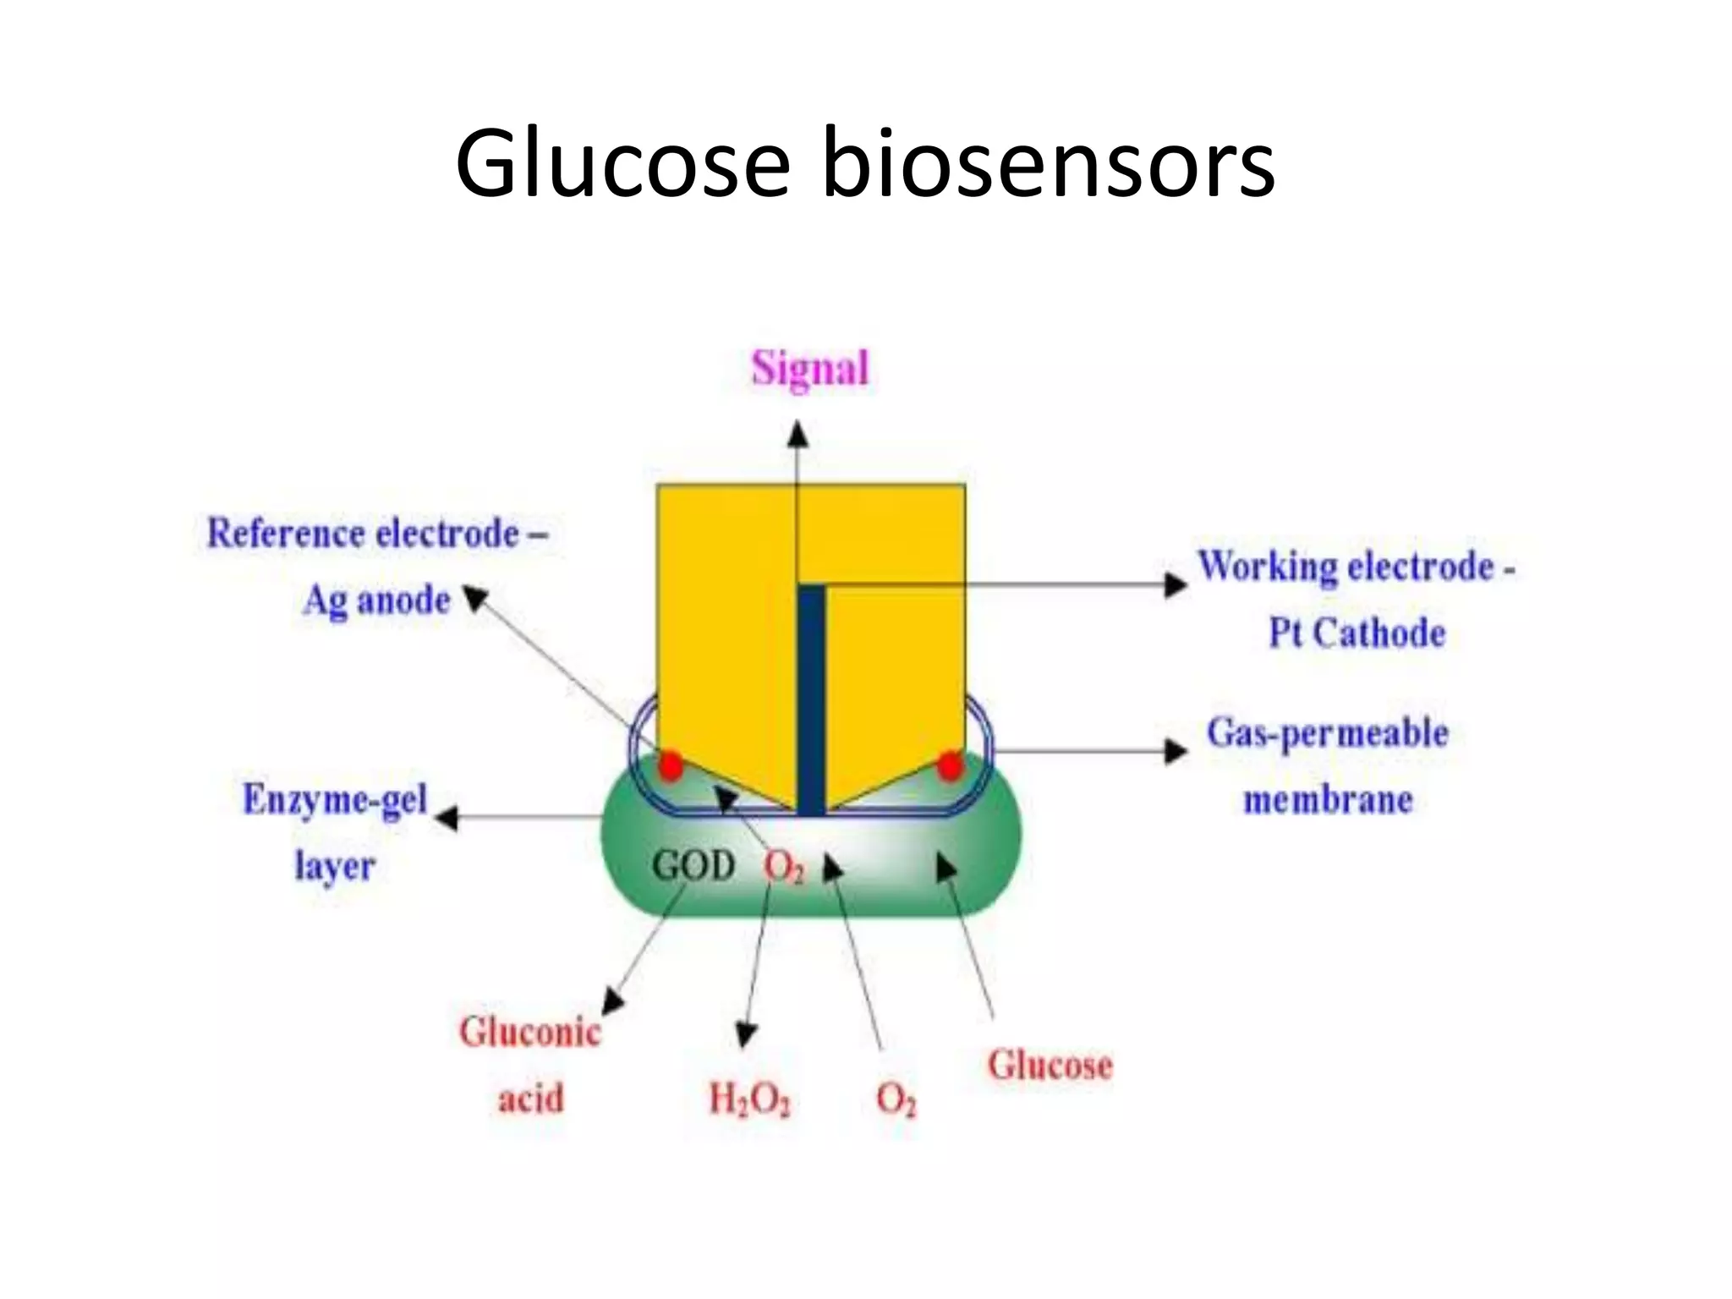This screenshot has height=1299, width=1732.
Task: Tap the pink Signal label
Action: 810,369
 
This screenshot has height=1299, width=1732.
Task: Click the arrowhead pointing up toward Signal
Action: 797,434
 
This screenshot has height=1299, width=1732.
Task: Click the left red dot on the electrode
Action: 671,765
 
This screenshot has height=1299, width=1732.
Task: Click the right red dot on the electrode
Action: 950,766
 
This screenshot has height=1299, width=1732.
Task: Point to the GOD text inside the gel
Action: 693,865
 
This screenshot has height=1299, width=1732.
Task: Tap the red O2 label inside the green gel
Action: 784,867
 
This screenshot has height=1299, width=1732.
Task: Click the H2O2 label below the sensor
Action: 749,1099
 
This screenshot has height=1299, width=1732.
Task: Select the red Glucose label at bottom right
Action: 1050,1065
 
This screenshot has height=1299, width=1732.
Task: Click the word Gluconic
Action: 529,1033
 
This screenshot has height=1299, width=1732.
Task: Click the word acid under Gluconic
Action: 530,1099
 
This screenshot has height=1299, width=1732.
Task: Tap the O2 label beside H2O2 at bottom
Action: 896,1099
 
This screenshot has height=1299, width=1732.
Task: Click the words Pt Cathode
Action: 1357,633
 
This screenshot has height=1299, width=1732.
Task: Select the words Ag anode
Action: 376,600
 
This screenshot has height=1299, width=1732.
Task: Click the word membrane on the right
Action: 1328,799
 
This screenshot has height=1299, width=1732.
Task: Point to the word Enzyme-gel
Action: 335,799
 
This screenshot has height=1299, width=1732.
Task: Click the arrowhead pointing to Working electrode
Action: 1176,584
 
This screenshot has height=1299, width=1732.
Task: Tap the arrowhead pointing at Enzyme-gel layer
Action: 447,817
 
